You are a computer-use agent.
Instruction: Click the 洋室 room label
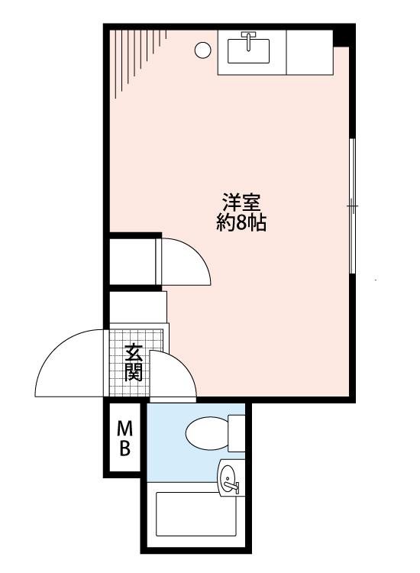point(242,202)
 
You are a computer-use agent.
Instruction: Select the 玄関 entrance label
point(134,363)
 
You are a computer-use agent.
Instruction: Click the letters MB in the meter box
point(125,439)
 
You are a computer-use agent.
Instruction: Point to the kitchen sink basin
point(248,51)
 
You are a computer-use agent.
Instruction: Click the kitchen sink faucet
point(249,41)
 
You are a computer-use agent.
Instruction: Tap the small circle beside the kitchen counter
point(202,50)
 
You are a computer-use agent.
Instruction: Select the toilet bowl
point(207,433)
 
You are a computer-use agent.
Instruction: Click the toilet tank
point(236,433)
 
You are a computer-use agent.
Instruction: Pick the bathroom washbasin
point(229,479)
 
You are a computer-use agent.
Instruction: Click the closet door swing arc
point(198,253)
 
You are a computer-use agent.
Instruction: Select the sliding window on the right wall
point(352,206)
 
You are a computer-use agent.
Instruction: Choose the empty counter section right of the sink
point(310,53)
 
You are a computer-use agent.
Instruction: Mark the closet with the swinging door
point(133,261)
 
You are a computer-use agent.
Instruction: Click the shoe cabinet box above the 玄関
point(138,307)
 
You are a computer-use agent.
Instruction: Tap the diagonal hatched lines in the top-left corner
point(138,59)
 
